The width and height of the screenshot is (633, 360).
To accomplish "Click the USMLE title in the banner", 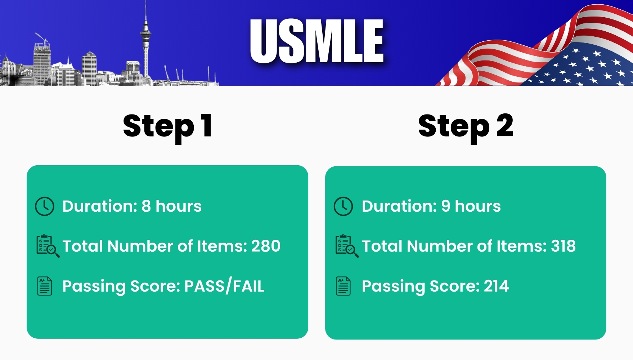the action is pyautogui.click(x=317, y=41).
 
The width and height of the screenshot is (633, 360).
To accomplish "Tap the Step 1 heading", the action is pyautogui.click(x=167, y=127).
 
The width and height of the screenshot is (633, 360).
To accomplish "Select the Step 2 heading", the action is pyautogui.click(x=466, y=127).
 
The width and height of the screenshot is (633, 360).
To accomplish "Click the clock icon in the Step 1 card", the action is pyautogui.click(x=45, y=206).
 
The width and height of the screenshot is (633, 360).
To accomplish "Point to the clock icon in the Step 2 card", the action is pyautogui.click(x=344, y=206).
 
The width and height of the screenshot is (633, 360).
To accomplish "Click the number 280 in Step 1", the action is pyautogui.click(x=266, y=246).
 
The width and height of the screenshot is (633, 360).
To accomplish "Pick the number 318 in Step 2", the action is pyautogui.click(x=563, y=246).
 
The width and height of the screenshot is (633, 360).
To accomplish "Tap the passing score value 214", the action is pyautogui.click(x=496, y=286).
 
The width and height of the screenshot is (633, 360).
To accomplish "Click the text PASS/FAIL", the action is pyautogui.click(x=224, y=287).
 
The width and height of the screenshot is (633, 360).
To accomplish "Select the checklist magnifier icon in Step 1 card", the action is pyautogui.click(x=48, y=246).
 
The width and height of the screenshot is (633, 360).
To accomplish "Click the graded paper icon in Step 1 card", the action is pyautogui.click(x=45, y=286).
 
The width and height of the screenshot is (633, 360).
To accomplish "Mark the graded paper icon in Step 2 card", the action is pyautogui.click(x=343, y=286).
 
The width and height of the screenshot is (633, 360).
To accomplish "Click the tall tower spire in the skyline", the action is pyautogui.click(x=145, y=40).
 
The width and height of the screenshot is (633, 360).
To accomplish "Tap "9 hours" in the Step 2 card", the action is pyautogui.click(x=471, y=206).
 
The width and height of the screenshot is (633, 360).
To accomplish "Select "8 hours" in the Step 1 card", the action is pyautogui.click(x=171, y=206).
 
